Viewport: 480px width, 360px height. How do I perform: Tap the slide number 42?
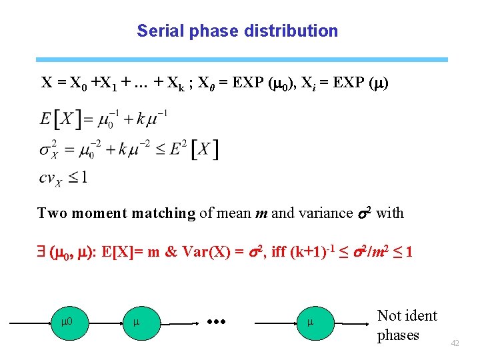[x=455, y=343]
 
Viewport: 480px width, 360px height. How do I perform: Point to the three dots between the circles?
[x=217, y=323]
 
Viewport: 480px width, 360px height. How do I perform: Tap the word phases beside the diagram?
[x=398, y=335]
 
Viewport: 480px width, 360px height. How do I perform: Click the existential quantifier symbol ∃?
[x=43, y=253]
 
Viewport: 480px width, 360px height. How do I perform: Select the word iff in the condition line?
[x=280, y=253]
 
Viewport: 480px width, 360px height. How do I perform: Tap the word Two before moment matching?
[x=52, y=213]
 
